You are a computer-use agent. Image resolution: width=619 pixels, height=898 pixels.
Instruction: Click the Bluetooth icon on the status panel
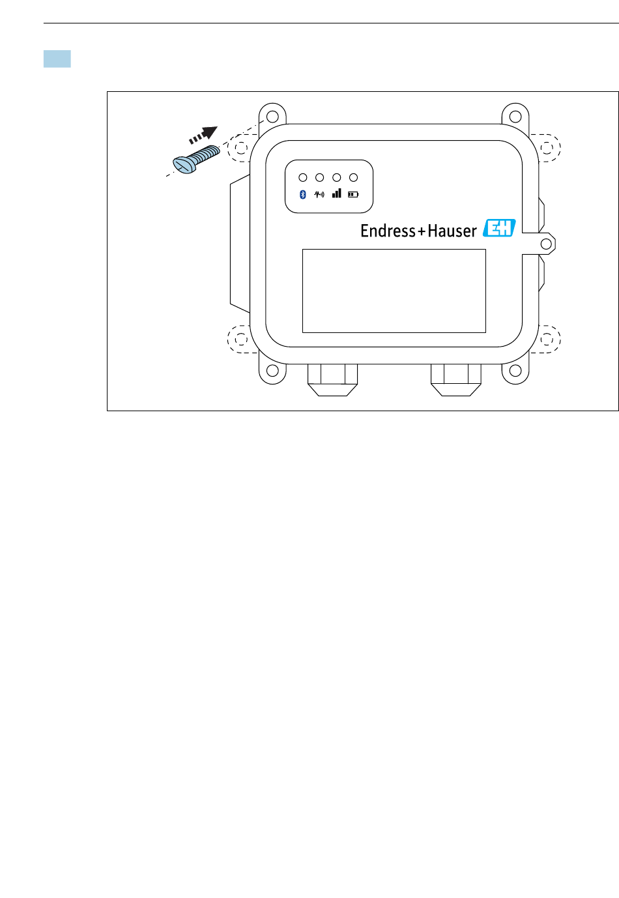pyautogui.click(x=302, y=195)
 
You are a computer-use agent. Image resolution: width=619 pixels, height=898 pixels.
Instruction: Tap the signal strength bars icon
pyautogui.click(x=336, y=194)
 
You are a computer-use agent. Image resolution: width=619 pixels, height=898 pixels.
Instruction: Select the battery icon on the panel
pyautogui.click(x=353, y=194)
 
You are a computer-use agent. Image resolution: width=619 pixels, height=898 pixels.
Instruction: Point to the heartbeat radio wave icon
pyautogui.click(x=319, y=194)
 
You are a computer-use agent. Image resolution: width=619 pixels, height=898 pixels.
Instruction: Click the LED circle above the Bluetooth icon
pyautogui.click(x=302, y=177)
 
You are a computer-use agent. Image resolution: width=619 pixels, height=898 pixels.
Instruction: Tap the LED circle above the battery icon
pyautogui.click(x=353, y=177)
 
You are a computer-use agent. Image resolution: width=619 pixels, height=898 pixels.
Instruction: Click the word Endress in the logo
pyautogui.click(x=388, y=231)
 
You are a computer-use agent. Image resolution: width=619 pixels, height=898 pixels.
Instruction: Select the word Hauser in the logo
pyautogui.click(x=452, y=231)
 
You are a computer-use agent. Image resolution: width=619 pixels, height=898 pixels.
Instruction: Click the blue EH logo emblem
pyautogui.click(x=499, y=228)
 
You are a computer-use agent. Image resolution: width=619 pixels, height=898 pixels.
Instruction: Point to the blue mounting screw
pyautogui.click(x=195, y=160)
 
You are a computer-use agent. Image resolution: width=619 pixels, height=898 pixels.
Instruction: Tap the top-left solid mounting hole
pyautogui.click(x=273, y=117)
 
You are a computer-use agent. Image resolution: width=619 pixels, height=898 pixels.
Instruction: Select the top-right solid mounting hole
pyautogui.click(x=515, y=117)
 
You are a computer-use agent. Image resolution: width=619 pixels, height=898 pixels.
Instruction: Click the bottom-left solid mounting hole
pyautogui.click(x=273, y=371)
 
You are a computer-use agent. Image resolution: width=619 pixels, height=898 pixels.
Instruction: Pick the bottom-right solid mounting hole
pyautogui.click(x=515, y=371)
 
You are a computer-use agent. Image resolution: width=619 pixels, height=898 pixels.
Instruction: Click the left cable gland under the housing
pyautogui.click(x=332, y=380)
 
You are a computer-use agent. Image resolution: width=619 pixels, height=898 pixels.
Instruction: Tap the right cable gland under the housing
pyautogui.click(x=456, y=380)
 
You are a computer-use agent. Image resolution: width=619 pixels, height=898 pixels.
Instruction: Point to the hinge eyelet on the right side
pyautogui.click(x=547, y=244)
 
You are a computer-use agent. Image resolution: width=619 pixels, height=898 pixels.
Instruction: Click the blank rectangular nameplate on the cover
pyautogui.click(x=394, y=291)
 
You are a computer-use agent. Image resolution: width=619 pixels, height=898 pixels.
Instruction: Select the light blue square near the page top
pyautogui.click(x=57, y=59)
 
